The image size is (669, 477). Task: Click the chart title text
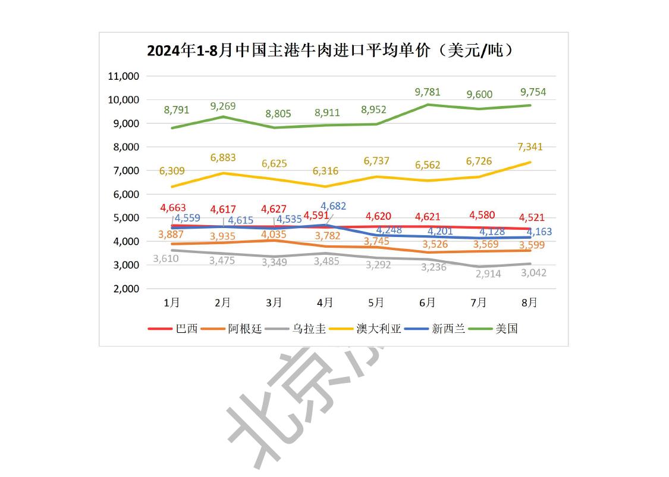pyautogui.click(x=330, y=51)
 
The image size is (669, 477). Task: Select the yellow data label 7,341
pyautogui.click(x=531, y=146)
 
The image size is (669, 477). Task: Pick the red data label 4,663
pyautogui.click(x=173, y=208)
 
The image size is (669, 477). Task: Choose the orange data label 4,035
pyautogui.click(x=274, y=234)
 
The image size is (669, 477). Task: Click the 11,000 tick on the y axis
pyautogui.click(x=123, y=76)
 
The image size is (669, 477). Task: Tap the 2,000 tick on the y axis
pyautogui.click(x=125, y=289)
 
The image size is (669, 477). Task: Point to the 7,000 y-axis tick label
pyautogui.click(x=125, y=170)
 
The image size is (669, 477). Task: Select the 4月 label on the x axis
pyautogui.click(x=325, y=303)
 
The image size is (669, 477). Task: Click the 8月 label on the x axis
pyautogui.click(x=529, y=303)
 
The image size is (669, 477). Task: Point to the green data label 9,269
pyautogui.click(x=223, y=107)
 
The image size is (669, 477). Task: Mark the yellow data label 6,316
pyautogui.click(x=325, y=171)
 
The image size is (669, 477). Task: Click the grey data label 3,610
pyautogui.click(x=166, y=258)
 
